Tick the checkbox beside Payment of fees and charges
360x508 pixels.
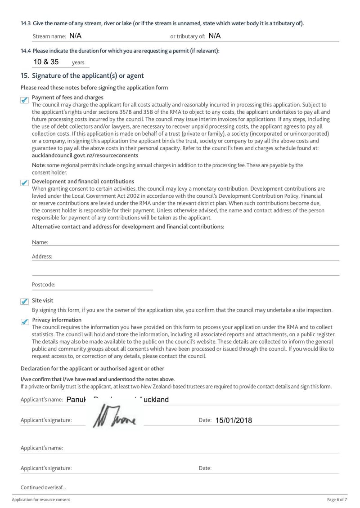pyautogui.click(x=25, y=100)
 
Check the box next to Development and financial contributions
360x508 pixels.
pyautogui.click(x=25, y=183)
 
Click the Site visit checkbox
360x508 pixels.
pyautogui.click(x=25, y=302)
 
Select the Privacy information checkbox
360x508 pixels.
pyautogui.click(x=25, y=321)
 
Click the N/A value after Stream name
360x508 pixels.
pyautogui.click(x=76, y=36)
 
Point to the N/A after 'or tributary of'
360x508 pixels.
pyautogui.click(x=215, y=36)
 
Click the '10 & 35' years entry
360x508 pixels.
pyautogui.click(x=46, y=62)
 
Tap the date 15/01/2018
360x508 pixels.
pyautogui.click(x=234, y=420)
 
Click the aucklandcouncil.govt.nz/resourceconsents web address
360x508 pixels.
pyautogui.click(x=85, y=155)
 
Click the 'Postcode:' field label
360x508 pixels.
pyautogui.click(x=44, y=285)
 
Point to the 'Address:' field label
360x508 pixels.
pyautogui.click(x=42, y=257)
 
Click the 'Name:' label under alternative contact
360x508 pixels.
pyautogui.click(x=40, y=242)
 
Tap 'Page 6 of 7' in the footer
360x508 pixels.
pyautogui.click(x=337, y=500)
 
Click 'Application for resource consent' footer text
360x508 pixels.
pyautogui.click(x=41, y=500)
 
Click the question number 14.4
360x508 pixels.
pyautogui.click(x=26, y=51)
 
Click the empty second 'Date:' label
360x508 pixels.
pyautogui.click(x=205, y=468)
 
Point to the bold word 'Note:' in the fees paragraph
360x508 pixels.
pyautogui.click(x=39, y=165)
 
